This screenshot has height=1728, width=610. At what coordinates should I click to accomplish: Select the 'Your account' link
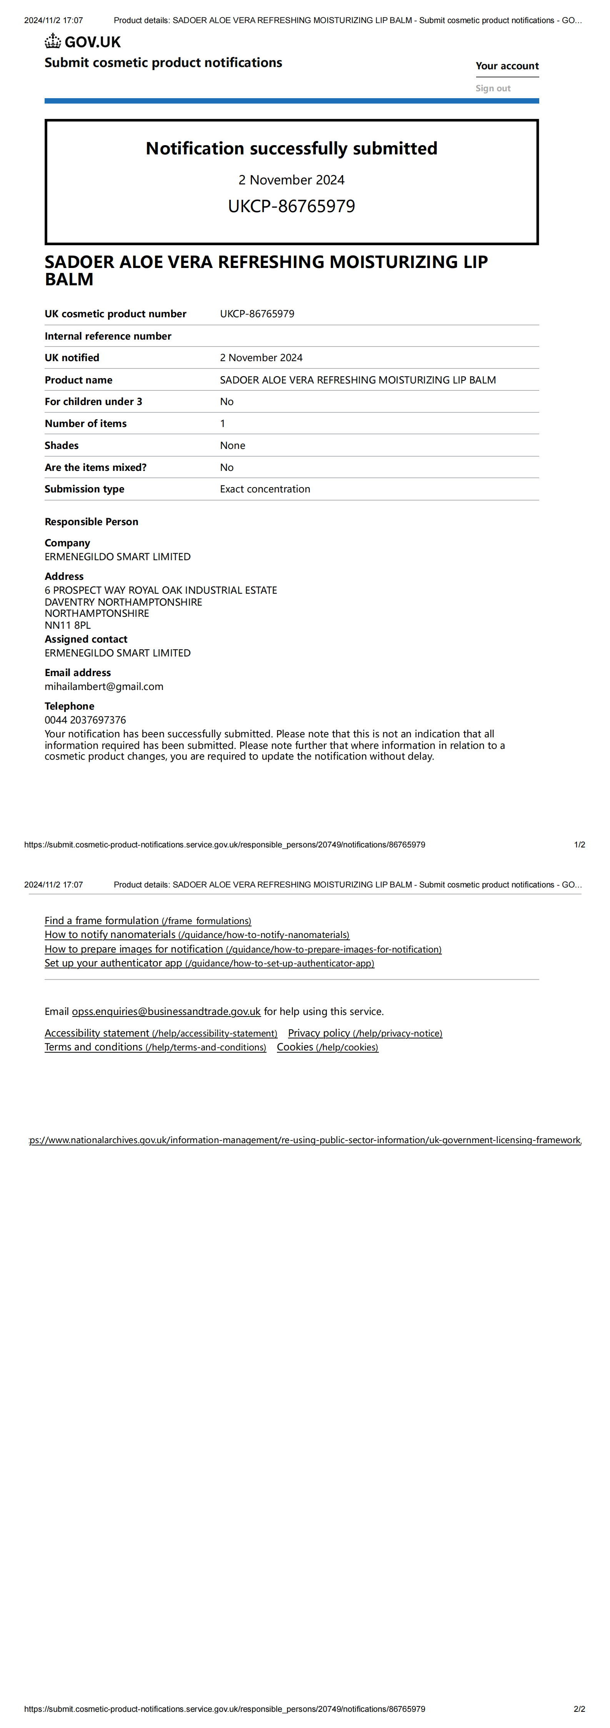[507, 66]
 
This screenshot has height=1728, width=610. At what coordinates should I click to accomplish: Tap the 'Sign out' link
[493, 88]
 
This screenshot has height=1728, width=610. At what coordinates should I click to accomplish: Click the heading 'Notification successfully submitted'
[292, 148]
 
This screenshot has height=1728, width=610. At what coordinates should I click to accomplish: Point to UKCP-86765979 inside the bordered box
[292, 206]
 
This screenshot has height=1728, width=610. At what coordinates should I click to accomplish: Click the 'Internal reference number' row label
[108, 336]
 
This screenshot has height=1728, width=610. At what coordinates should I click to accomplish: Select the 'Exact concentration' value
[265, 489]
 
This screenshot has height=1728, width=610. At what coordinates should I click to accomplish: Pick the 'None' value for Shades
[233, 445]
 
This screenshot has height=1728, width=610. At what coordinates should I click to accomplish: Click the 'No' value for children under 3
[227, 402]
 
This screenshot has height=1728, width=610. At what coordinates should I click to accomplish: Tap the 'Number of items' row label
[85, 423]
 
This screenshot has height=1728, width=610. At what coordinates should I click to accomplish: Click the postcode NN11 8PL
[68, 625]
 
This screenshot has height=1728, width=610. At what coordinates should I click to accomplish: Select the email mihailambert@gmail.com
[104, 686]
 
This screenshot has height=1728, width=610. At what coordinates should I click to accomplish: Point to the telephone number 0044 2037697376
[85, 720]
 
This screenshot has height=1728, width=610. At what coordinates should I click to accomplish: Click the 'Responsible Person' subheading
[91, 522]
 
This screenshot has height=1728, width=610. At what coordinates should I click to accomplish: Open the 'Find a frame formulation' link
[147, 921]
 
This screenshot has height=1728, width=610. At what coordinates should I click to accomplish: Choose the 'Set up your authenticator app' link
[209, 963]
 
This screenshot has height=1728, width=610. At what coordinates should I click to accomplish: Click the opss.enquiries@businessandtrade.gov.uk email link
[166, 1011]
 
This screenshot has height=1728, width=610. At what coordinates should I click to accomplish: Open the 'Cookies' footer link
[327, 1047]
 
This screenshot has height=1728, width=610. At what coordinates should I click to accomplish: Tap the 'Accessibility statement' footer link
[161, 1033]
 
